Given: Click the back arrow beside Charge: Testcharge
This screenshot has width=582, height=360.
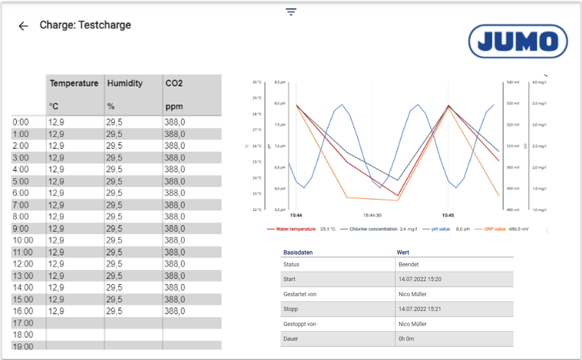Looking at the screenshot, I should tap(23, 26).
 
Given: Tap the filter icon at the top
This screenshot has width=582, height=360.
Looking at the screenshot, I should tap(291, 12).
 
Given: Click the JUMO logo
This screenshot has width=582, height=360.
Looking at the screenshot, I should tap(517, 41).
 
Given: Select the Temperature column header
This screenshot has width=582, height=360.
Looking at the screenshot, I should tap(74, 84).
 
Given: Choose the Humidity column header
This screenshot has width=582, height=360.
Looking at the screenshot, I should tap(125, 84).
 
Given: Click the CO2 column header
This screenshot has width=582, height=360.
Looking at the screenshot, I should tap(174, 84).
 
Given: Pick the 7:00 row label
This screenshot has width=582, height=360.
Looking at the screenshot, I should tap(21, 205).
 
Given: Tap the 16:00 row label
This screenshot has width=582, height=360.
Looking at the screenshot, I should tap(23, 311).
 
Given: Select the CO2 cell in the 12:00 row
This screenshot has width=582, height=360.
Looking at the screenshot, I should tap(175, 264).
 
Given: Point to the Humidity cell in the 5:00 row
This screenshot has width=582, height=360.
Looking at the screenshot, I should tap(115, 182).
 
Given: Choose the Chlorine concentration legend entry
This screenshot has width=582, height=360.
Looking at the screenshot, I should tap(370, 229).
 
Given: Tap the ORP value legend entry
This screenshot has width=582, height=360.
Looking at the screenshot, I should tap(495, 229).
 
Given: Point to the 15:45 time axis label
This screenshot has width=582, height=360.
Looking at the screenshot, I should tap(448, 215).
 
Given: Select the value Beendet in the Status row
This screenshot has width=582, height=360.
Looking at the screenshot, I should tap(409, 265).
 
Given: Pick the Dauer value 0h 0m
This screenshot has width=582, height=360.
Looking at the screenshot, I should tap(407, 339).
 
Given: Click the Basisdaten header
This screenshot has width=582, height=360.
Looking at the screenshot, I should tap(298, 253).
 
